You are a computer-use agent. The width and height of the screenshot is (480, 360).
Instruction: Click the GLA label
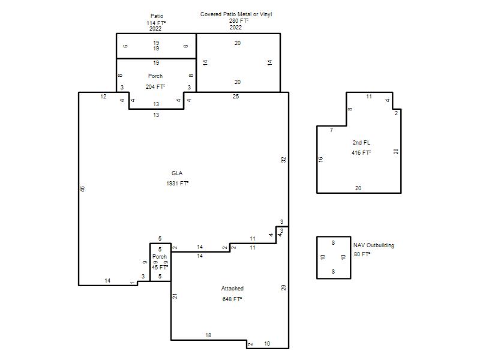coord(177,173)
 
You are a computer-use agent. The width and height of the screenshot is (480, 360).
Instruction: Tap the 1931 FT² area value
coord(177,184)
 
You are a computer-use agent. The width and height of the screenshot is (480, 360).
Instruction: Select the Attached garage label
coord(232,289)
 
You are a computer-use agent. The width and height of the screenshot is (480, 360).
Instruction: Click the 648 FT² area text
coord(232,299)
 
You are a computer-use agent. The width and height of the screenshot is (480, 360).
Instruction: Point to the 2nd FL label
coord(361,143)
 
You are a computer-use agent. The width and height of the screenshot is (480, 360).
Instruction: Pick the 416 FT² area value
coord(361,153)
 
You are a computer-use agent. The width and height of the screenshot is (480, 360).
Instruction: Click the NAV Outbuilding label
coord(374,245)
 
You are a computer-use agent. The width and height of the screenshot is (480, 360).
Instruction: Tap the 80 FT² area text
coord(362,254)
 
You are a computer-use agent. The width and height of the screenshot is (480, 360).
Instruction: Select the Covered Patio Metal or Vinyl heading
coord(236,14)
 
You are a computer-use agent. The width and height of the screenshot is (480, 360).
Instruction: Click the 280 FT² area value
coord(239,21)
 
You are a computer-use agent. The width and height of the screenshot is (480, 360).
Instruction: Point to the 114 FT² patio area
coord(156,23)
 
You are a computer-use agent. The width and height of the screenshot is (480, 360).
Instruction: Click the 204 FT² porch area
coord(155,87)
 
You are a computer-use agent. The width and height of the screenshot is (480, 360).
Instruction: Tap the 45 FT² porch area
coord(160,267)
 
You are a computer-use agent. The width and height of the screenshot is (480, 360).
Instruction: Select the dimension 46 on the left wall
coord(82,189)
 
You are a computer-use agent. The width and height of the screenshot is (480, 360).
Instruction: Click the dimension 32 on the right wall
coord(283,160)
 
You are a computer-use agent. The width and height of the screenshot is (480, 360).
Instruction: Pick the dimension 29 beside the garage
coord(283,288)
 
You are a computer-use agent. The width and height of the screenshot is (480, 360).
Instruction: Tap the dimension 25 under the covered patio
coord(236,97)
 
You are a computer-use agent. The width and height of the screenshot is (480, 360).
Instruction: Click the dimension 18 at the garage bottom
coord(208,335)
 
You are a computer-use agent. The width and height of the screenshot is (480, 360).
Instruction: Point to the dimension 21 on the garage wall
coord(175,296)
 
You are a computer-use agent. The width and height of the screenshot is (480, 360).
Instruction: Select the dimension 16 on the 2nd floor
coord(320,160)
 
